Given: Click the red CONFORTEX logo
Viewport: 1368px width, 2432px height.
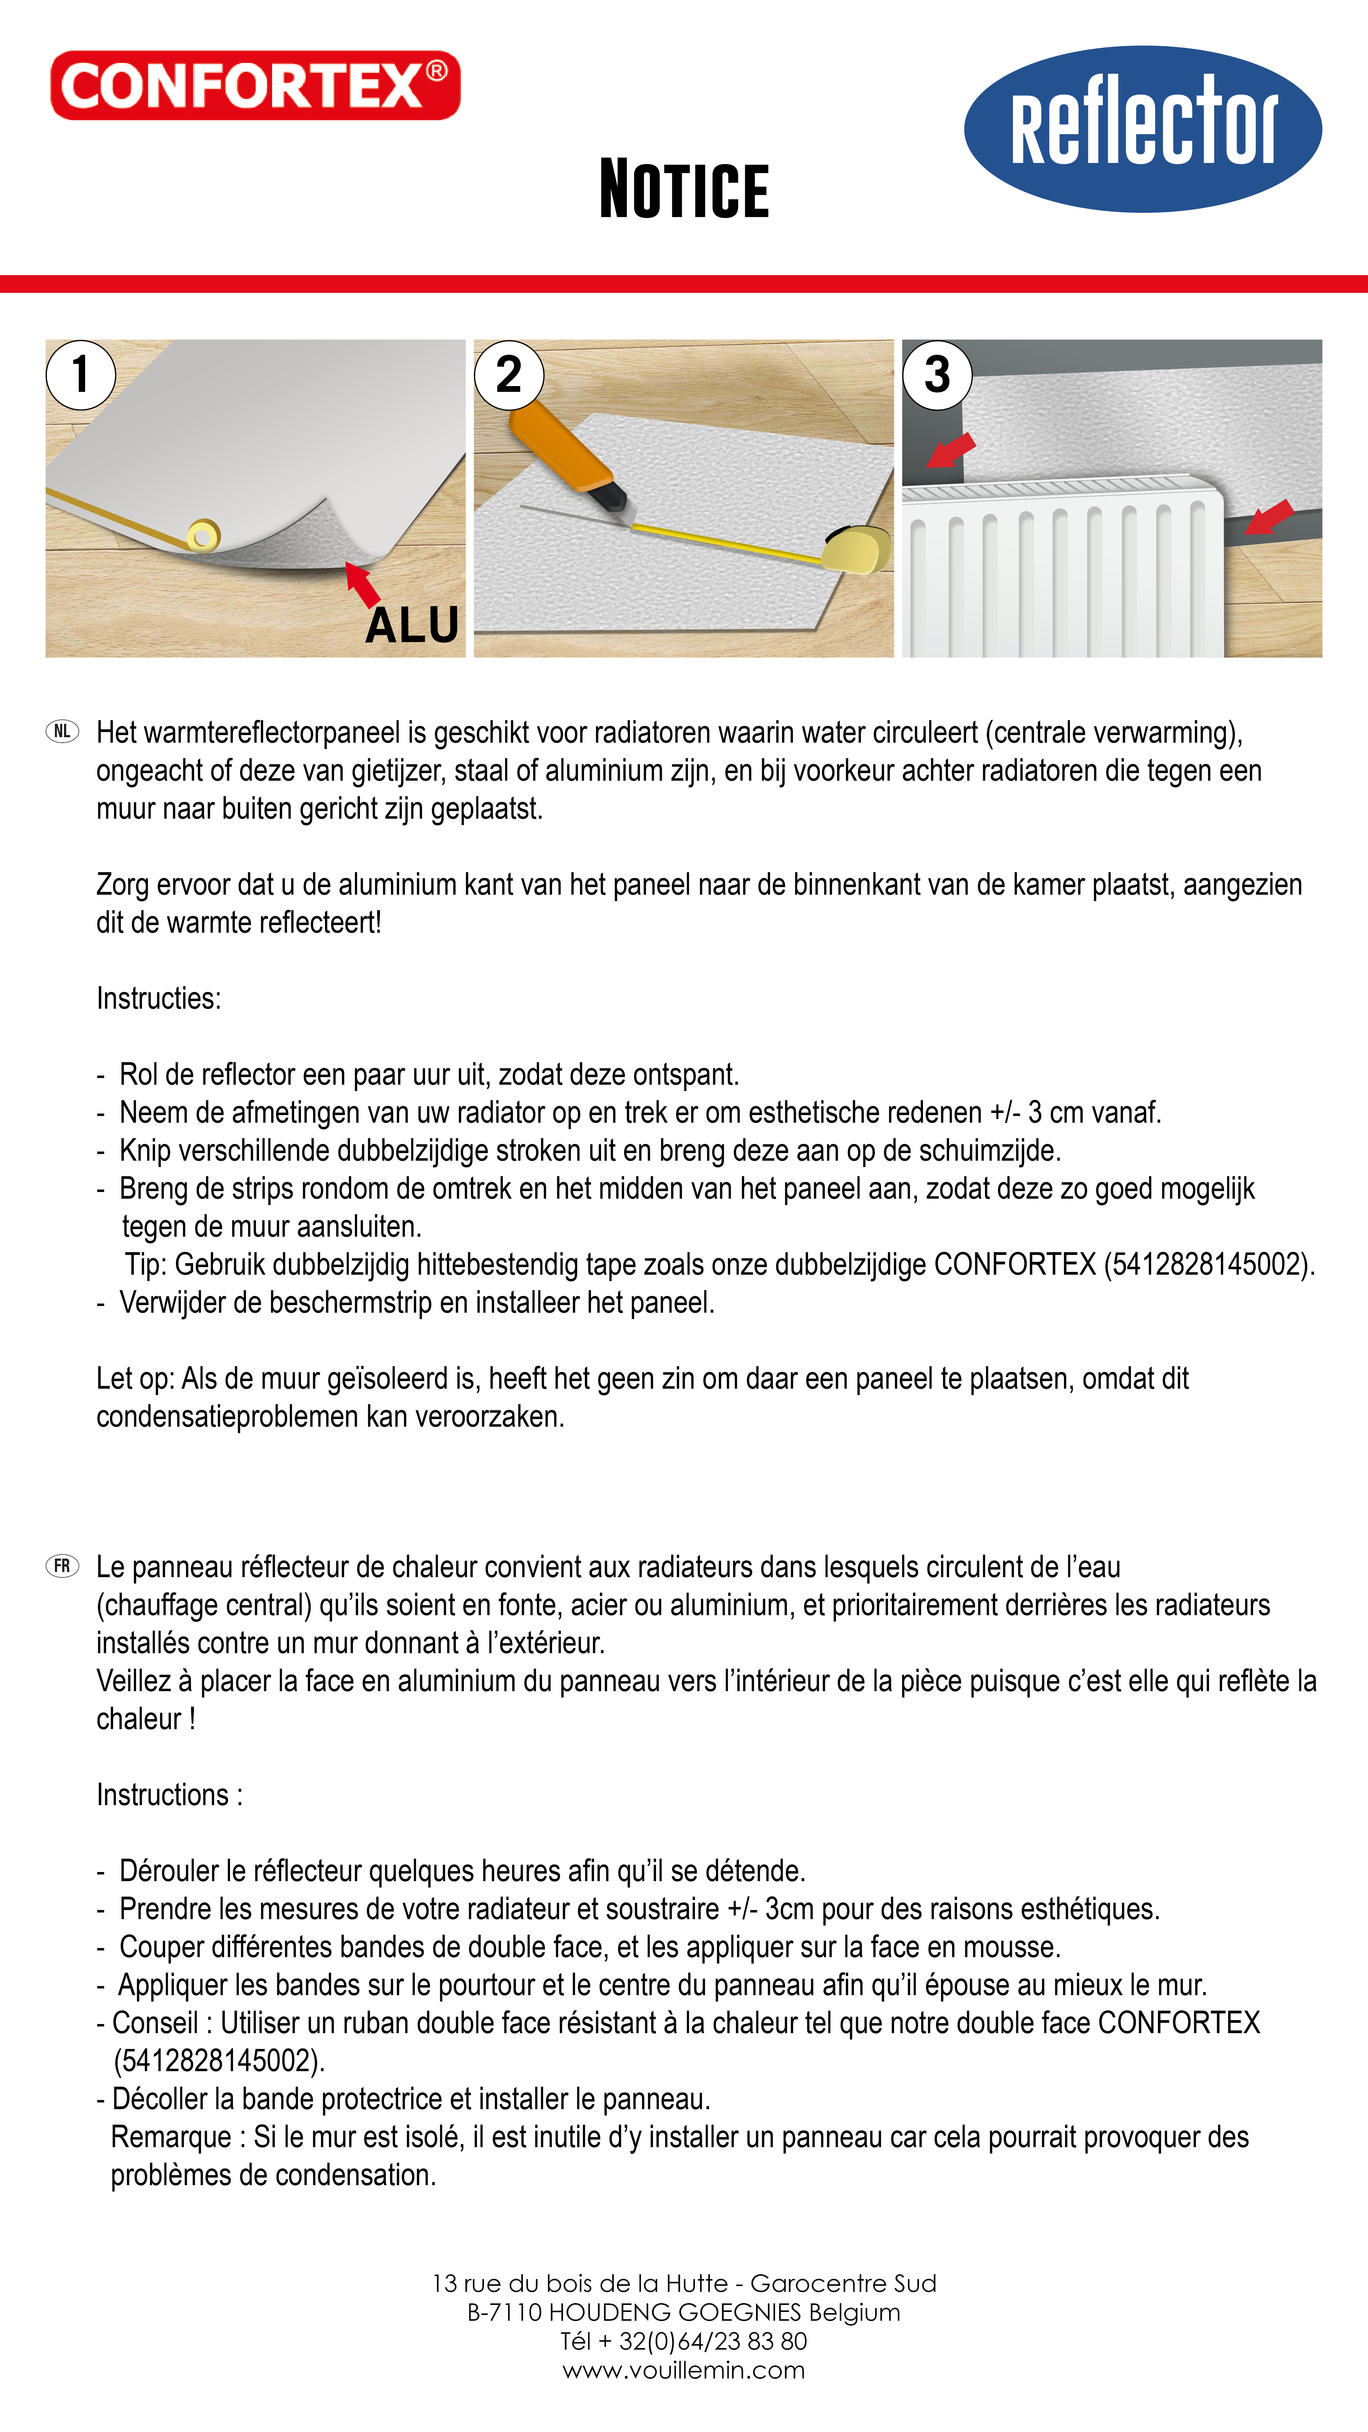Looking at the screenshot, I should click(255, 86).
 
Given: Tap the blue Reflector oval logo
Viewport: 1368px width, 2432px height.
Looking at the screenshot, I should click(1142, 129).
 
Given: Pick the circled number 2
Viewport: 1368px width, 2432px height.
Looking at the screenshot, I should click(509, 375).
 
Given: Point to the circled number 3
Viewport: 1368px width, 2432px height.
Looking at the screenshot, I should click(937, 375).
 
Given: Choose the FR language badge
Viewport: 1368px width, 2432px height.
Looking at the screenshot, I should click(62, 1566).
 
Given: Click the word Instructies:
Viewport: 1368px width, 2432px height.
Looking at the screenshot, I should click(159, 998).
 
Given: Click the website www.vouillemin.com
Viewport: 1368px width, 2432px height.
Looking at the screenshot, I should click(683, 2370).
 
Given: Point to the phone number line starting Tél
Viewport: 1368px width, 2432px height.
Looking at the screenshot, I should click(683, 2341).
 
